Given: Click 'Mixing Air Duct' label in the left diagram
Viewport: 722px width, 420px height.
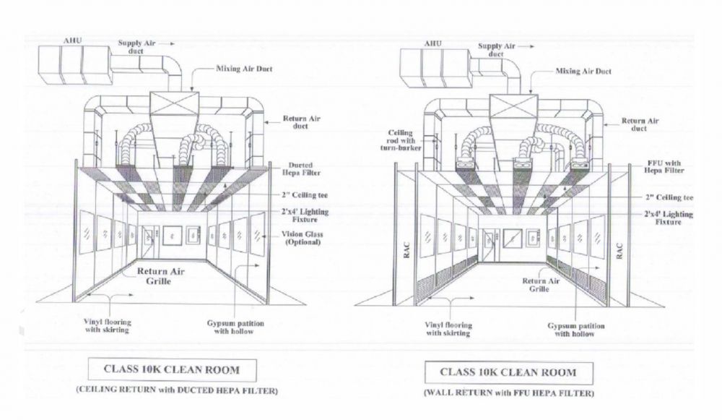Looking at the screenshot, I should (x=244, y=69).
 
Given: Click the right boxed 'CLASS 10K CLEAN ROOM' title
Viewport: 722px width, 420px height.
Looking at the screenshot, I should (x=518, y=373).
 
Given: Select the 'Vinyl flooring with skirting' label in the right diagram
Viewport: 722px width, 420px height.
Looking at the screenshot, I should (x=448, y=329).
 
